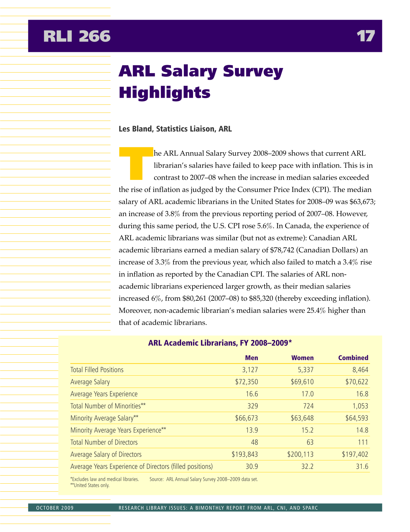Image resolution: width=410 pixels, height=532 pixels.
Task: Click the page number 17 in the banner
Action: tap(366, 36)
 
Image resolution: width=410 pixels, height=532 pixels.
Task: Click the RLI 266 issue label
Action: tap(77, 36)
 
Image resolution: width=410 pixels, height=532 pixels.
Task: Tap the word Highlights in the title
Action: tap(164, 93)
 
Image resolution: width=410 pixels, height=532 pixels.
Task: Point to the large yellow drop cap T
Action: tap(135, 163)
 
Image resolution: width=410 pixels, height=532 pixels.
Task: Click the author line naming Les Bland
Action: tap(175, 129)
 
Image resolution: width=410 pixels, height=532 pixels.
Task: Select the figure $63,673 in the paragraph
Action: tap(359, 202)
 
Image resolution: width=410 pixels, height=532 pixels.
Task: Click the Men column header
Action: tap(251, 358)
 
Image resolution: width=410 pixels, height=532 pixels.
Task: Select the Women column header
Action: tap(302, 358)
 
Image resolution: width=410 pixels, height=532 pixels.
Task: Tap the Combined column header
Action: tap(353, 358)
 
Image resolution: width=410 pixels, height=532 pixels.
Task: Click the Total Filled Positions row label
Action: tap(97, 370)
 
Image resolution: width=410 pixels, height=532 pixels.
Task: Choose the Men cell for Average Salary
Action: tap(247, 382)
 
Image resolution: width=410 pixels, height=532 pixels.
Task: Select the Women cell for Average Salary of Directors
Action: tap(300, 455)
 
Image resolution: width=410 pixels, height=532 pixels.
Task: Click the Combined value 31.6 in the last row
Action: tap(362, 467)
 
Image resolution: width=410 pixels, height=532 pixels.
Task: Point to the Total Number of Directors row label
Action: tap(104, 442)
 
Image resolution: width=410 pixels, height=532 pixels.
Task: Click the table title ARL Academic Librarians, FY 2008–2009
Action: tap(220, 343)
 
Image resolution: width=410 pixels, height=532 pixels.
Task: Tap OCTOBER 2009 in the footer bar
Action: tap(55, 508)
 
